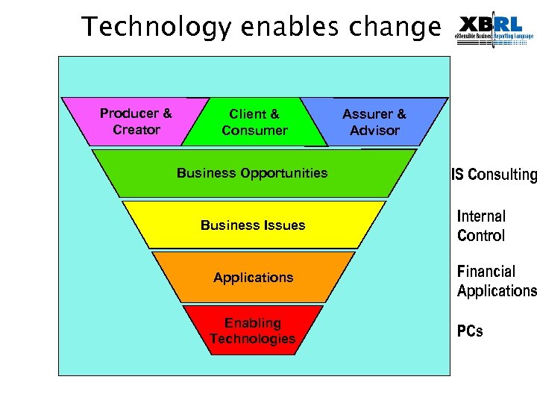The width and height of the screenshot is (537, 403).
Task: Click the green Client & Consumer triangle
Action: (254, 122)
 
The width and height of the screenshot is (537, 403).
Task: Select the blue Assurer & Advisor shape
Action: (374, 122)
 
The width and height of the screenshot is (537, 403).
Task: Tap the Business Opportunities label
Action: (252, 173)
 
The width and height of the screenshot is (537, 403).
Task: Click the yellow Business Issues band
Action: (253, 225)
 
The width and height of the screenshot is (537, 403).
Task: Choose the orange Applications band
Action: (253, 277)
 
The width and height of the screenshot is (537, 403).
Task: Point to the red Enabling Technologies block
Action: (253, 331)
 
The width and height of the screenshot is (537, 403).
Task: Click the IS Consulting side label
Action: (493, 175)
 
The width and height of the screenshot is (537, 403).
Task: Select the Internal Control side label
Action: (481, 226)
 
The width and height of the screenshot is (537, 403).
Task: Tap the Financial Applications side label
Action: (496, 281)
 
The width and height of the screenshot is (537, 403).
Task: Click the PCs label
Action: (470, 331)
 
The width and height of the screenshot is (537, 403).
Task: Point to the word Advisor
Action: (374, 131)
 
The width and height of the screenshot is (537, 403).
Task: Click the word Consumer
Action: (254, 131)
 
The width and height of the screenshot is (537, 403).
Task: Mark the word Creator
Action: (136, 130)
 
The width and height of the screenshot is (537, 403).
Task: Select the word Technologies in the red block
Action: (253, 339)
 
